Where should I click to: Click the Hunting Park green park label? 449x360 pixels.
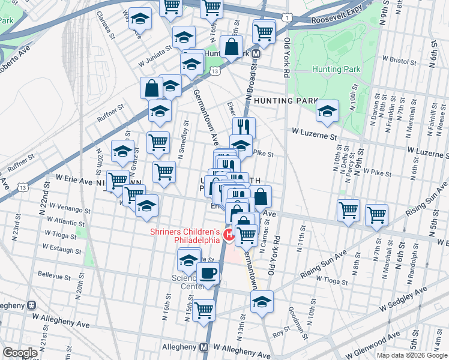point(336,69)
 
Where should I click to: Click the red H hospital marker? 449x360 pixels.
point(228,233)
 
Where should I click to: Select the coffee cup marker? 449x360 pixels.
point(208,272)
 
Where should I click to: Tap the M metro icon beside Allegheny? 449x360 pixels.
point(203,347)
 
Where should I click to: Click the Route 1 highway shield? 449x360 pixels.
point(289,19)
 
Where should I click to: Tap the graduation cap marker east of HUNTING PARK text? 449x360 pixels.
point(327,111)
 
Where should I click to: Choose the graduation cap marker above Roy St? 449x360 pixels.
point(262,302)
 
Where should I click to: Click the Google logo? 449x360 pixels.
point(20,353)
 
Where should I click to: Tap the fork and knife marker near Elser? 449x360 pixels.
point(244,127)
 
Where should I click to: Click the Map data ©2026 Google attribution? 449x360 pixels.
point(411,355)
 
